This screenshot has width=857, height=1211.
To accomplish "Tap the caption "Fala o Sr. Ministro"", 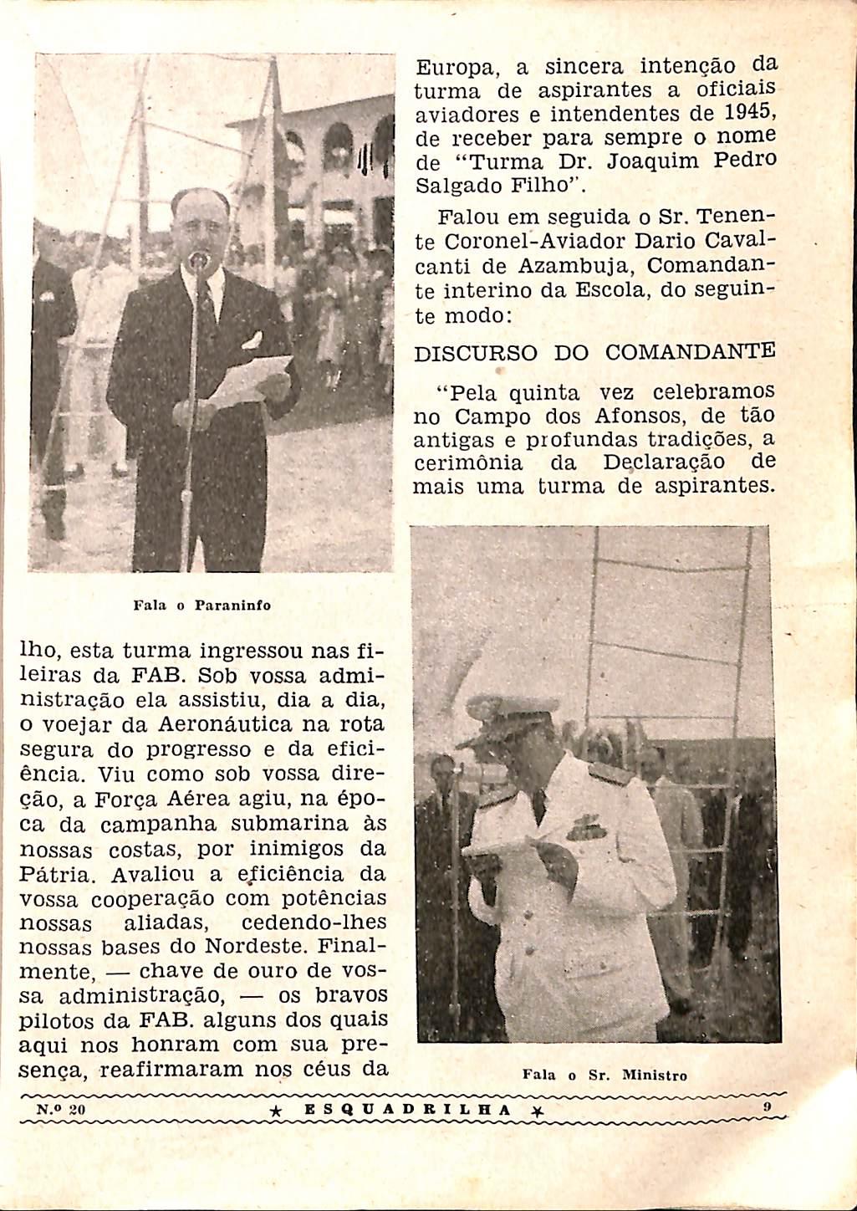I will (604, 1076).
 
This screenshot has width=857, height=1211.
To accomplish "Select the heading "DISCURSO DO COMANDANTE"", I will (594, 352).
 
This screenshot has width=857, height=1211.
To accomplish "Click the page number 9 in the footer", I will (766, 1107).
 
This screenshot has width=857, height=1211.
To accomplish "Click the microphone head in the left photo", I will (198, 260).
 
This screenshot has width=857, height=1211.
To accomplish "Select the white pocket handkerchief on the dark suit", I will (253, 340).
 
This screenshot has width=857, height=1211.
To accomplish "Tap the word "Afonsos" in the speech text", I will (631, 416).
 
